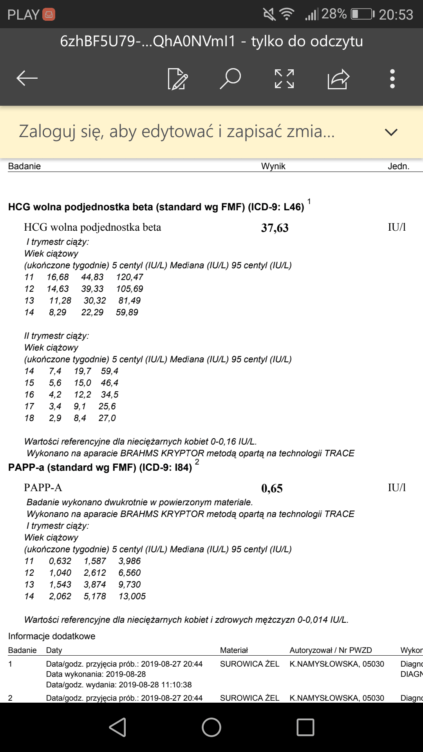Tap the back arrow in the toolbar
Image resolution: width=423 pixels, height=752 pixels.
pyautogui.click(x=27, y=78)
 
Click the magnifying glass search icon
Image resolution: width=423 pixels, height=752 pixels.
pyautogui.click(x=230, y=78)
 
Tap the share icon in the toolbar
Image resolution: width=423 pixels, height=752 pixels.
pyautogui.click(x=338, y=79)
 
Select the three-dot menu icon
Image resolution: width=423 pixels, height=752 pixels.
pyautogui.click(x=392, y=79)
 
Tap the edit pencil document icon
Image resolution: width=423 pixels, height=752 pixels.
pyautogui.click(x=177, y=79)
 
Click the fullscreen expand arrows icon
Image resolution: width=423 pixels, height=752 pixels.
pyautogui.click(x=284, y=79)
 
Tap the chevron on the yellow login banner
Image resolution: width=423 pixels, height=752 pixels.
pyautogui.click(x=391, y=132)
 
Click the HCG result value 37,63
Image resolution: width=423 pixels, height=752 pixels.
pyautogui.click(x=275, y=228)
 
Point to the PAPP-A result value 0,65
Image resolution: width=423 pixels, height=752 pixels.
pyautogui.click(x=272, y=488)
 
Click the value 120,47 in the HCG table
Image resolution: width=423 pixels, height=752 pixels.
pyautogui.click(x=130, y=277)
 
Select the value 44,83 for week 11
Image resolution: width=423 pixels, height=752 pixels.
pyautogui.click(x=92, y=277)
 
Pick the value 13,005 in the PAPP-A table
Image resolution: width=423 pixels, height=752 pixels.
pyautogui.click(x=132, y=597)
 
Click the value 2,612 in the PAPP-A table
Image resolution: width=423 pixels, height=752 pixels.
pyautogui.click(x=95, y=573)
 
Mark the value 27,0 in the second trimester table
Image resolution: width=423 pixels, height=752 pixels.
pyautogui.click(x=107, y=418)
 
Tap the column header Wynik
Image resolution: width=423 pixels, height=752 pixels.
pyautogui.click(x=273, y=166)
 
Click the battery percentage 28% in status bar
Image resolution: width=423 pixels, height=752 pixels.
pyautogui.click(x=334, y=14)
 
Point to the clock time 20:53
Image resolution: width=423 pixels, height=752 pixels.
pyautogui.click(x=396, y=15)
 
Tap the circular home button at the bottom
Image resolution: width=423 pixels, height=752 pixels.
pyautogui.click(x=211, y=727)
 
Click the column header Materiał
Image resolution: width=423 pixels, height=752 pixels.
pyautogui.click(x=234, y=650)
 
